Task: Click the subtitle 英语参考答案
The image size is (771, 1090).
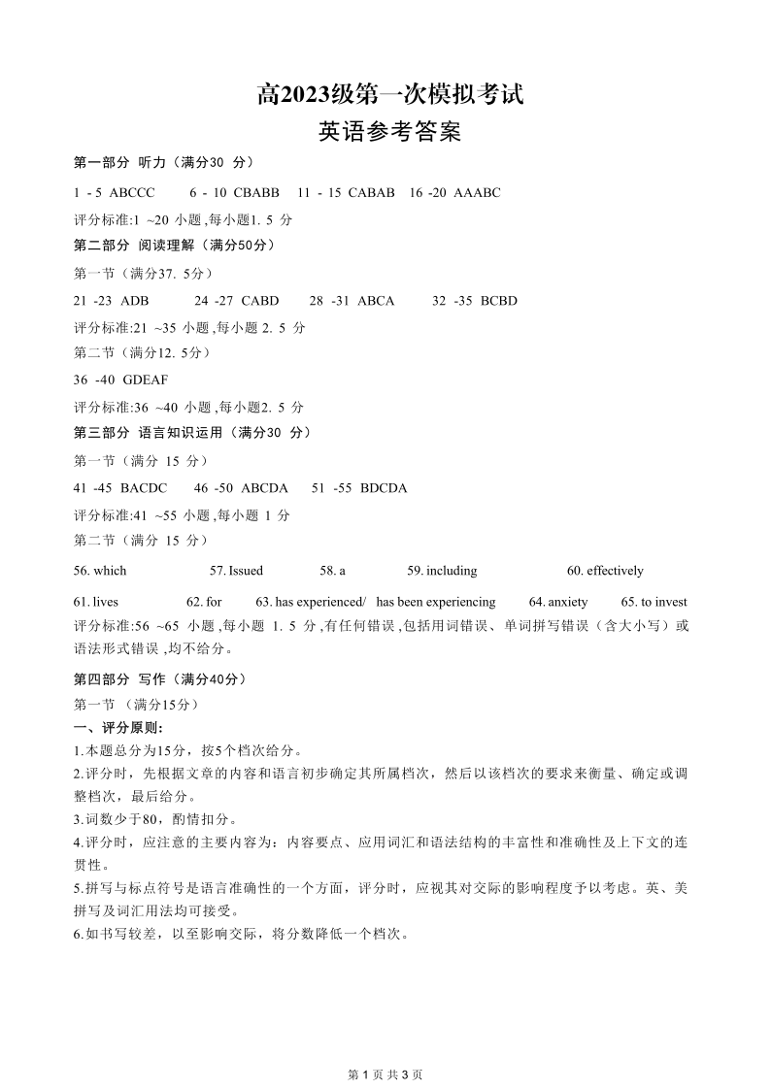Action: coord(389,132)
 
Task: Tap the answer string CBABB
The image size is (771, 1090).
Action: coord(257,192)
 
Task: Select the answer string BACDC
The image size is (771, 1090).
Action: coord(144,487)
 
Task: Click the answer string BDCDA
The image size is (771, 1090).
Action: coord(384,487)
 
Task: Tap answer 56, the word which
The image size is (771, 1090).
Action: coord(110,571)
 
